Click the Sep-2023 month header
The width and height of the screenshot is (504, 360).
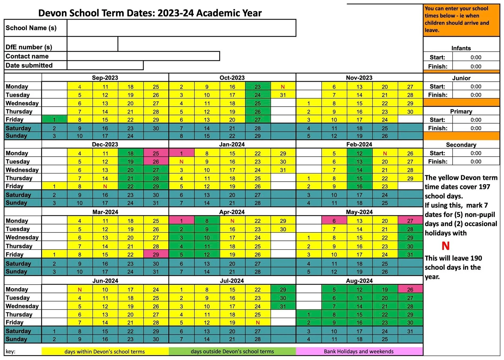pyautogui.click(x=105, y=78)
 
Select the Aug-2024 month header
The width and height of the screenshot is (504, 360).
pyautogui.click(x=359, y=281)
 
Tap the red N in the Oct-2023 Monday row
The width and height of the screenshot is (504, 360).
pyautogui.click(x=283, y=87)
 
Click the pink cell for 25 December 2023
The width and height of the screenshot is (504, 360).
pyautogui.click(x=156, y=153)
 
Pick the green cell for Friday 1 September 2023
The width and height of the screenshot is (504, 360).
pyautogui.click(x=54, y=119)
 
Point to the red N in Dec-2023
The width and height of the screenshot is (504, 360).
pyautogui.click(x=105, y=186)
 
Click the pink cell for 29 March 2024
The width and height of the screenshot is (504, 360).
pyautogui.click(x=156, y=254)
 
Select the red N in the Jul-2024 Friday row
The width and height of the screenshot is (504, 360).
pyautogui.click(x=257, y=323)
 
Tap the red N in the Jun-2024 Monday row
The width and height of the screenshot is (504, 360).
pyautogui.click(x=80, y=289)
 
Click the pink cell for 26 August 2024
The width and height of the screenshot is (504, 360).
pyautogui.click(x=410, y=289)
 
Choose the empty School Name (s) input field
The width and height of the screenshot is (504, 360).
pyautogui.click(x=181, y=28)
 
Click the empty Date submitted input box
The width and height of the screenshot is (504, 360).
pyautogui.click(x=105, y=65)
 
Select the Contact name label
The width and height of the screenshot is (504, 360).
pyautogui.click(x=27, y=56)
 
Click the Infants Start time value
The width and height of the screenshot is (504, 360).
pyautogui.click(x=476, y=57)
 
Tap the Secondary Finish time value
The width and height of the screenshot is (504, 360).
pyautogui.click(x=476, y=161)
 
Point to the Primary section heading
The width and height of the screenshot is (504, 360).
pyautogui.click(x=461, y=111)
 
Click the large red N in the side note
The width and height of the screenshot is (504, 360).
pyautogui.click(x=445, y=246)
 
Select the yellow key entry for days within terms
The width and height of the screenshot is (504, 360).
pyautogui.click(x=105, y=351)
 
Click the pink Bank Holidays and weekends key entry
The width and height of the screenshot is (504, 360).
pyautogui.click(x=359, y=351)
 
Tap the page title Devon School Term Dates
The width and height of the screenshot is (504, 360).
pyautogui.click(x=150, y=13)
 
